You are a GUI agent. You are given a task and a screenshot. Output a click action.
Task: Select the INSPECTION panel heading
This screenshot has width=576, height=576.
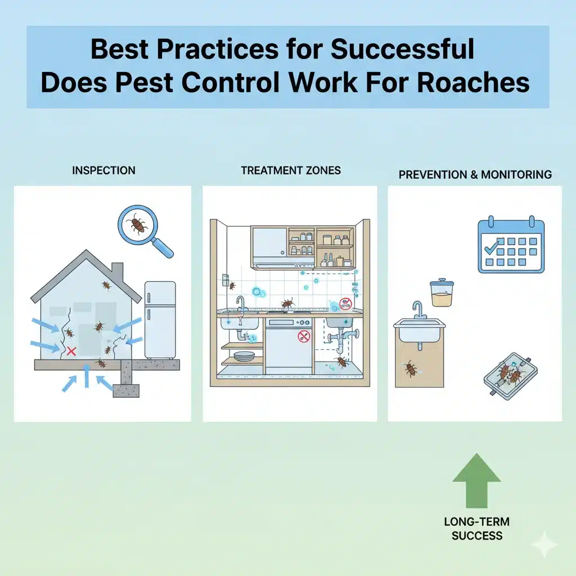tap(103, 170)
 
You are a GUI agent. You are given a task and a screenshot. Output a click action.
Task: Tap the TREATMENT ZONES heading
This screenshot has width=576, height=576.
tap(291, 170)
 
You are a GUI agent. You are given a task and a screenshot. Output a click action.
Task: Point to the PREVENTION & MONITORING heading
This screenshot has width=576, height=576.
tap(475, 175)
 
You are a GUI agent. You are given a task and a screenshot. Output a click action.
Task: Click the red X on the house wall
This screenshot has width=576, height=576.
tap(71, 352)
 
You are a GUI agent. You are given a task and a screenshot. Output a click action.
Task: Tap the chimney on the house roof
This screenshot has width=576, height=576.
tap(118, 273)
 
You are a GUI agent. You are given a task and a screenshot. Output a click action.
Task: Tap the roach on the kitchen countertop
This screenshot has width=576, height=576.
tap(287, 304)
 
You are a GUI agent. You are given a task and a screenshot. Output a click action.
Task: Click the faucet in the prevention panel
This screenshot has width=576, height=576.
tap(417, 309)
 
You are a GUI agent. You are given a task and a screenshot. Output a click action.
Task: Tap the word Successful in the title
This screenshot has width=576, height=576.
tap(402, 49)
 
